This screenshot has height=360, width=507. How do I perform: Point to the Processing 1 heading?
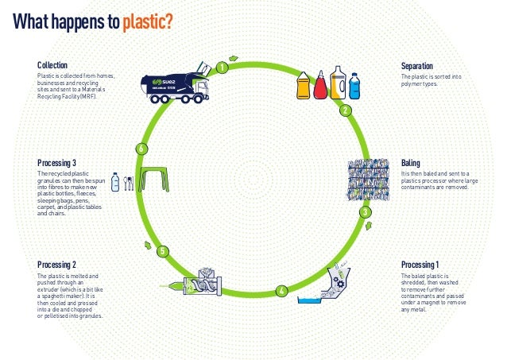pyautogui.click(x=420, y=264)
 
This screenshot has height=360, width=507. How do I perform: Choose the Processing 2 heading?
pyautogui.click(x=57, y=264)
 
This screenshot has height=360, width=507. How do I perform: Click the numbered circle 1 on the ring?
pyautogui.click(x=222, y=68)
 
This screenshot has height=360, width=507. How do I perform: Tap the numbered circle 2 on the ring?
pyautogui.click(x=345, y=110)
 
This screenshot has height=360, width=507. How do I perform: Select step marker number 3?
pyautogui.click(x=364, y=212)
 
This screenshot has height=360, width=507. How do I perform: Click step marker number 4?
pyautogui.click(x=281, y=291)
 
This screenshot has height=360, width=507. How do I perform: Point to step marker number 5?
pyautogui.click(x=162, y=252)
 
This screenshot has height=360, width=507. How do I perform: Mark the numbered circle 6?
pyautogui.click(x=141, y=149)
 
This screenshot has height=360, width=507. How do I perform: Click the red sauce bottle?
pyautogui.click(x=321, y=86)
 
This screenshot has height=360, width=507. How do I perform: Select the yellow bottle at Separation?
pyautogui.click(x=304, y=86)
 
